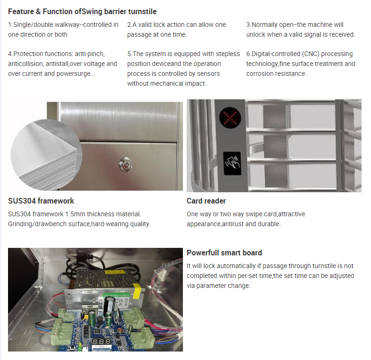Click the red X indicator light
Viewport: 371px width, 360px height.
pos(230,117)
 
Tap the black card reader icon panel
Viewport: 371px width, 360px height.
pos(232,163)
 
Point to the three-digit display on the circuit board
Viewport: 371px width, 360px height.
pos(101,342)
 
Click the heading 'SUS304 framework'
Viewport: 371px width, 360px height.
pos(41,201)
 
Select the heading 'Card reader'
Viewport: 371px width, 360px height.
pos(206,201)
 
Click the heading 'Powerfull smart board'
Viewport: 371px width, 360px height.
pos(224,253)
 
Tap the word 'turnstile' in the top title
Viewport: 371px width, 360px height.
pos(142,11)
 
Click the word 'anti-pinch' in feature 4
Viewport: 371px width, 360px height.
pos(90,54)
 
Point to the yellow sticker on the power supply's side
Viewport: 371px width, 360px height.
pos(136,291)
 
